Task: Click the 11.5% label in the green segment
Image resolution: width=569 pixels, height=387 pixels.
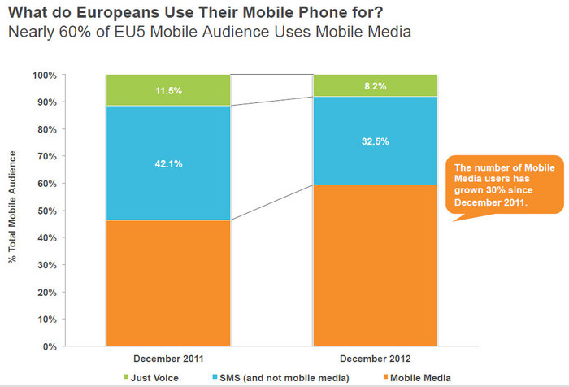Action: click(167, 90)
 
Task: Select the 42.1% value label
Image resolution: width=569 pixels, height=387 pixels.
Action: click(167, 163)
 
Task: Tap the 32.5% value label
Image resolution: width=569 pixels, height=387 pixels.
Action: click(376, 141)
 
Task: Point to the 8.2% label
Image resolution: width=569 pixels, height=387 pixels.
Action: click(376, 85)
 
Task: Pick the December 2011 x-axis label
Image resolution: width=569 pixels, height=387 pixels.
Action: click(167, 358)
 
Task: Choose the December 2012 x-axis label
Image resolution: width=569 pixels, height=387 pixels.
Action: click(376, 358)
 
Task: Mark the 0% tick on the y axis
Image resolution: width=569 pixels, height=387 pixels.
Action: click(71, 346)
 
